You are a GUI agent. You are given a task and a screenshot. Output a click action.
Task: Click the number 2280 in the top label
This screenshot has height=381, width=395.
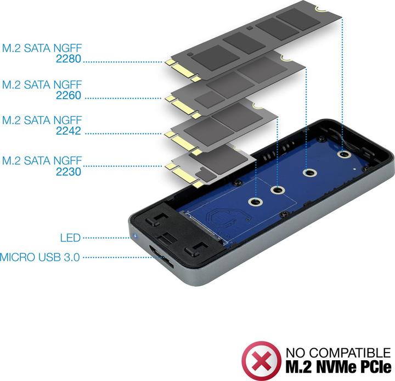(69, 58)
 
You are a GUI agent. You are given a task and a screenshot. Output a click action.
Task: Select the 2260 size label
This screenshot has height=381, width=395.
(69, 95)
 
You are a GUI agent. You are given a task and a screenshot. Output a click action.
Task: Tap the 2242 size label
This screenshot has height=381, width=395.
(69, 131)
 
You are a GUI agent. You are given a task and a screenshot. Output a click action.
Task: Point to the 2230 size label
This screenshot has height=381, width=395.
(69, 171)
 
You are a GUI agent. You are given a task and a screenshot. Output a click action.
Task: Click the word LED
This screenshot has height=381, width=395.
(70, 238)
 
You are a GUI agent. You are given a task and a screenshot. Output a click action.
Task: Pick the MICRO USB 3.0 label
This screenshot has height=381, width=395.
(41, 256)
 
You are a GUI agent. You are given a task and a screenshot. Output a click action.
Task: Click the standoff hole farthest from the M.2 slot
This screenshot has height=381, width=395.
(345, 155)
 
